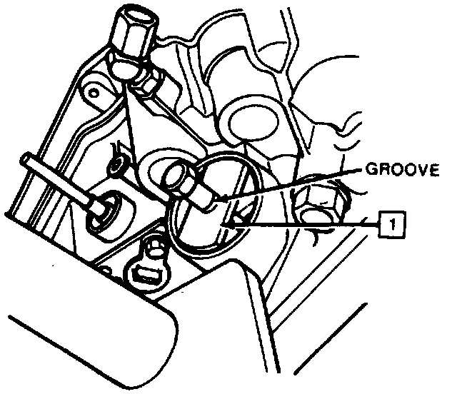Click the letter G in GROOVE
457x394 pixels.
371,170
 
